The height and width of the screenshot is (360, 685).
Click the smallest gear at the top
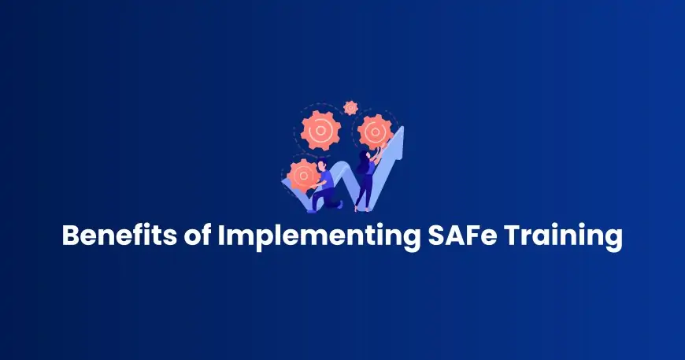[350, 106]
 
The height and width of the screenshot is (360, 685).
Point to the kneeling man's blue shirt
[325, 179]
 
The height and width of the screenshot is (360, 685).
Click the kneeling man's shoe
[315, 209]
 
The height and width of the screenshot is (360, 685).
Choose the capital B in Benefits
[71, 236]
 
